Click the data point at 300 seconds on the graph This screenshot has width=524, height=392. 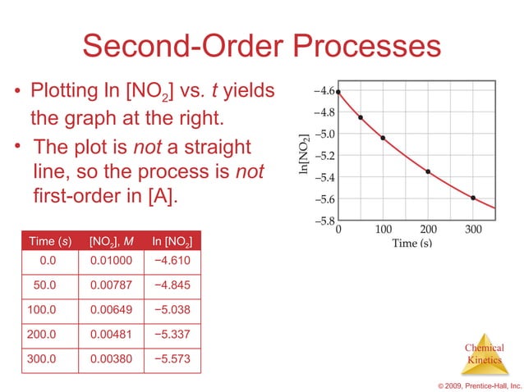(473, 198)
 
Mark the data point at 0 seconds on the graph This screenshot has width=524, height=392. (338, 92)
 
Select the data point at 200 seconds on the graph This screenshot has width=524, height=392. (428, 171)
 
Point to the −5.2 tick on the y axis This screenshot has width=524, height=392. (324, 156)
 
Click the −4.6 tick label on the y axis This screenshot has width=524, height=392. (324, 91)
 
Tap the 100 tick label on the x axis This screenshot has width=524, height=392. (383, 230)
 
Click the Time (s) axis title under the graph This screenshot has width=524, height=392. (411, 243)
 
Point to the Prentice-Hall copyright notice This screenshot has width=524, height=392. (480, 384)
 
